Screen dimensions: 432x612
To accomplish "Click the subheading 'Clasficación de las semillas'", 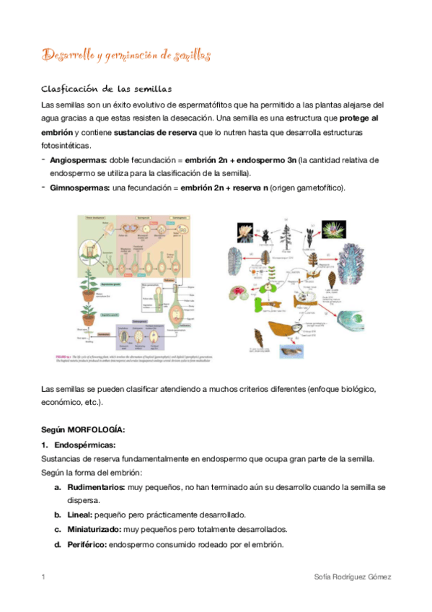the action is point(105,89).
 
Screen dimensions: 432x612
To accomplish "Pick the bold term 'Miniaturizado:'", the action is point(93,529).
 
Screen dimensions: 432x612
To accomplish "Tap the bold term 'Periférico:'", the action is point(85,543).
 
